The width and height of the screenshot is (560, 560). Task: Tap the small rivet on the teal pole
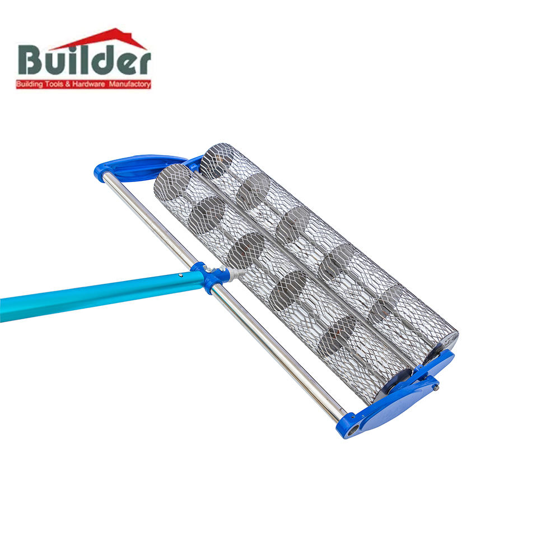(x=181, y=275)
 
